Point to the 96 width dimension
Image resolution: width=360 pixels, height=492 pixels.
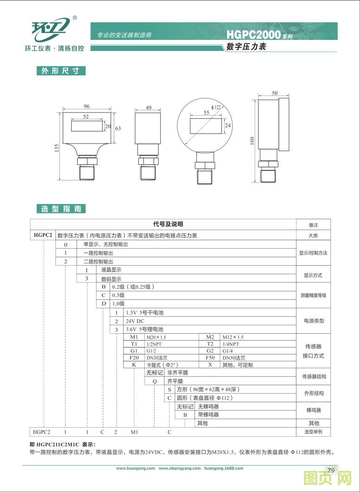pyautogui.click(x=87, y=107)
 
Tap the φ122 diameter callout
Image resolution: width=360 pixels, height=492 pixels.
pyautogui.click(x=216, y=108)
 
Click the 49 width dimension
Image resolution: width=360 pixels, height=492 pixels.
pyautogui.click(x=149, y=108)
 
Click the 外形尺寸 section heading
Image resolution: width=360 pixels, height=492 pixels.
pyautogui.click(x=61, y=71)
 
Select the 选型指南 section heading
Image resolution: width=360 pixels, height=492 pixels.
pyautogui.click(x=61, y=209)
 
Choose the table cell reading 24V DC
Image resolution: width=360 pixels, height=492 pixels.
pyautogui.click(x=134, y=321)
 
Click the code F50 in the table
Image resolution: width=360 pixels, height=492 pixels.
pyautogui.click(x=210, y=358)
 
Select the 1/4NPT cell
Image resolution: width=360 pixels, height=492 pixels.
pyautogui.click(x=231, y=344)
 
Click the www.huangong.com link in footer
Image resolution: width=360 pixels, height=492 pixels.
pyautogui.click(x=135, y=468)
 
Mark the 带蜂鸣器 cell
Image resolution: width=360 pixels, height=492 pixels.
pyautogui.click(x=208, y=415)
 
